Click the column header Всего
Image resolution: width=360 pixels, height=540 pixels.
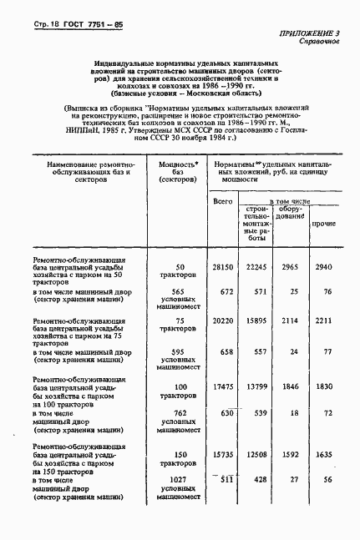221,201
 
